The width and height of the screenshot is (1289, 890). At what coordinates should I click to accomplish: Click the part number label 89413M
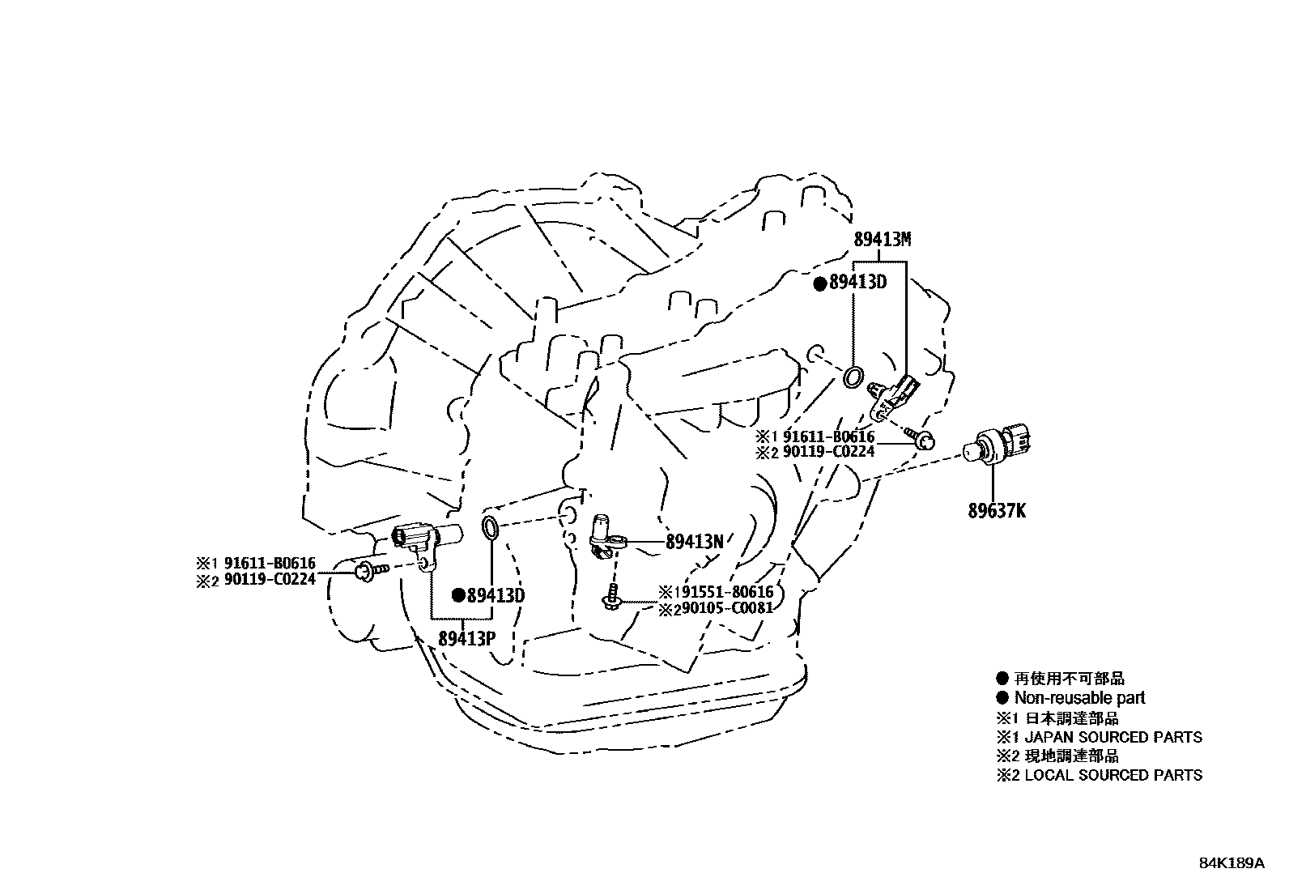click(882, 239)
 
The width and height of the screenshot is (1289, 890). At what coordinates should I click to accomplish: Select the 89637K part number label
click(997, 511)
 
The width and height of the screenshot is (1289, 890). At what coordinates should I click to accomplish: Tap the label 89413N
click(694, 542)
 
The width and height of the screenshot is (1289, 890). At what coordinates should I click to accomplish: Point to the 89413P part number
click(466, 638)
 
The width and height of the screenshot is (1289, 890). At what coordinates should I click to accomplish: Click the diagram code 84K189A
click(1231, 863)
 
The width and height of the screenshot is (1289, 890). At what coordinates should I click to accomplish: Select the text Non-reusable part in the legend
click(1079, 698)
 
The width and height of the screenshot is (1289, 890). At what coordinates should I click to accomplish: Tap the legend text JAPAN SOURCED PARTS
click(1113, 737)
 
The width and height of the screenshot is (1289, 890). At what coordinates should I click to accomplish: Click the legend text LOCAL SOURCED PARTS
click(1113, 775)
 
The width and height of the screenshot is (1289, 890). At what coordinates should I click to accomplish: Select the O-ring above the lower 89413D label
click(491, 527)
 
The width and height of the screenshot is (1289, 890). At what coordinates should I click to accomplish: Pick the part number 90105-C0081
click(727, 607)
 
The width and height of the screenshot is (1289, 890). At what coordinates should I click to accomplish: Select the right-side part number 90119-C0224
click(828, 452)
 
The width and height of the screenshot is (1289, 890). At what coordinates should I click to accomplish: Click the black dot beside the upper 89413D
click(819, 283)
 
